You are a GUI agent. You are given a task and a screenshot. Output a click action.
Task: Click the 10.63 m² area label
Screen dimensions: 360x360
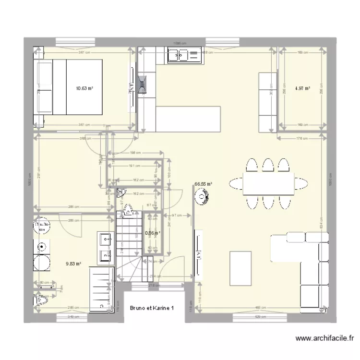(x=84, y=88)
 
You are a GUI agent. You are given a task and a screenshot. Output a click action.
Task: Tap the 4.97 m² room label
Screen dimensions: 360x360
(x=302, y=88)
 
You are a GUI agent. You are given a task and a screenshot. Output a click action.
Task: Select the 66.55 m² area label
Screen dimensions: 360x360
(x=204, y=183)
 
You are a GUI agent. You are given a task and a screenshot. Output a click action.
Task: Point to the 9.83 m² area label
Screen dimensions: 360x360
(x=73, y=264)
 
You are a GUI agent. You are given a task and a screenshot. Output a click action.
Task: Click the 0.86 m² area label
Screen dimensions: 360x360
(x=153, y=233)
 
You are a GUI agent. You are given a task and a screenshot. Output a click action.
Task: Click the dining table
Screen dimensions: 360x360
(x=268, y=183)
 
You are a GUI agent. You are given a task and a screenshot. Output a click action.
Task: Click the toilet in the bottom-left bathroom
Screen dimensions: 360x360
(x=40, y=300)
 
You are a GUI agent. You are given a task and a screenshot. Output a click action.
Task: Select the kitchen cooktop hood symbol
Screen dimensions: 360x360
(x=143, y=85)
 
